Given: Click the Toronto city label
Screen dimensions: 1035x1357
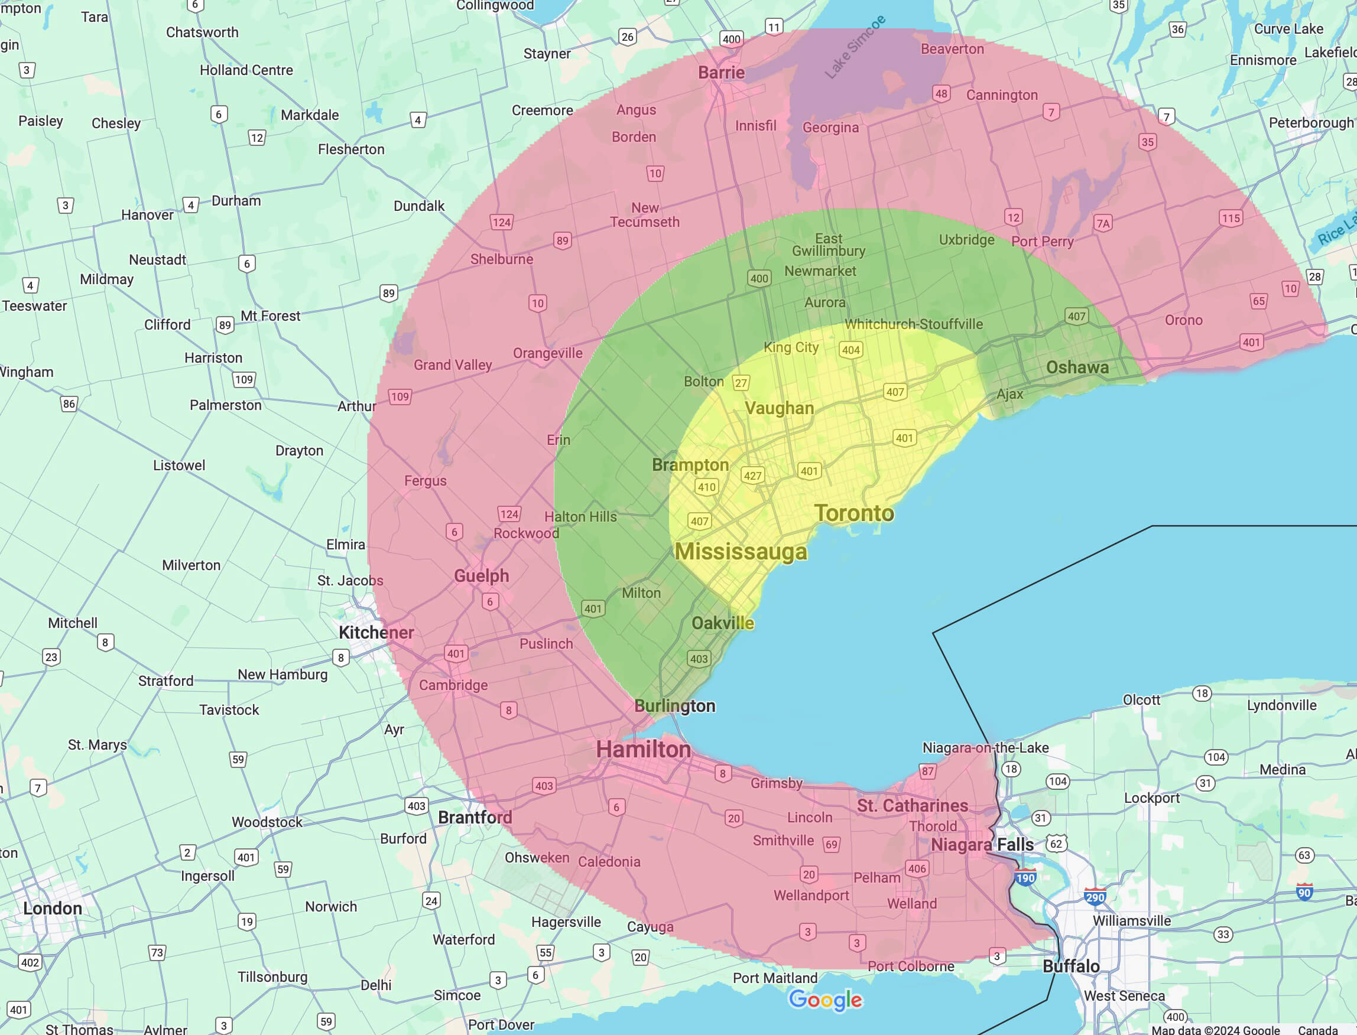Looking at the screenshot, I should [x=853, y=513].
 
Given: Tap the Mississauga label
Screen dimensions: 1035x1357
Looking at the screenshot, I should [x=740, y=551].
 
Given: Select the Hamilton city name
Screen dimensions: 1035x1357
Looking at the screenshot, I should [x=643, y=750].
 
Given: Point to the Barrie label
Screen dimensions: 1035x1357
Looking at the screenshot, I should [x=721, y=73].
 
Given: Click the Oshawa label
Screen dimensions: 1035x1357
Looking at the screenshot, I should [x=1077, y=367].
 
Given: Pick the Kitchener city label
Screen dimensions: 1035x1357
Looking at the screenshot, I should [x=376, y=633].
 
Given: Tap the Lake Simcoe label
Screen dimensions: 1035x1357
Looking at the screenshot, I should [x=855, y=47].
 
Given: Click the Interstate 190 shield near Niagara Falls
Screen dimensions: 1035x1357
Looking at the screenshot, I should [x=1025, y=878].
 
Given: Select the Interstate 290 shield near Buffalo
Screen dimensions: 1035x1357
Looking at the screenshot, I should [x=1095, y=897].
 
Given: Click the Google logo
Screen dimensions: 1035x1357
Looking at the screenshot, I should [x=825, y=1000].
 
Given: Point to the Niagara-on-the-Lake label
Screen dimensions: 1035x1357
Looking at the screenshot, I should [x=985, y=748].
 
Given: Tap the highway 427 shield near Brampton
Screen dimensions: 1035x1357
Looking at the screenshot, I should [x=752, y=476].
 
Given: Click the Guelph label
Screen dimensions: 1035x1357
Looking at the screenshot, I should [x=481, y=576].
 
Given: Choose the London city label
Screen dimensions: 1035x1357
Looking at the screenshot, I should [x=53, y=909].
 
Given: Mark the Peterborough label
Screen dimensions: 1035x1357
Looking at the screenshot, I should [x=1311, y=123].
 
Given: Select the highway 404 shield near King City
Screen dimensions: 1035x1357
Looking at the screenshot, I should [x=850, y=350].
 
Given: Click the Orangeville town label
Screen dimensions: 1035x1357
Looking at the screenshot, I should [x=547, y=353].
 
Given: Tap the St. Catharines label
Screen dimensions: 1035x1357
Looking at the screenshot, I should [x=912, y=806].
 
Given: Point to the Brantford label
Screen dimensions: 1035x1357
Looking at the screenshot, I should [x=475, y=818].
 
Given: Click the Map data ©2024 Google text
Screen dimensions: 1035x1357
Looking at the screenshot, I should [x=1215, y=1030].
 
